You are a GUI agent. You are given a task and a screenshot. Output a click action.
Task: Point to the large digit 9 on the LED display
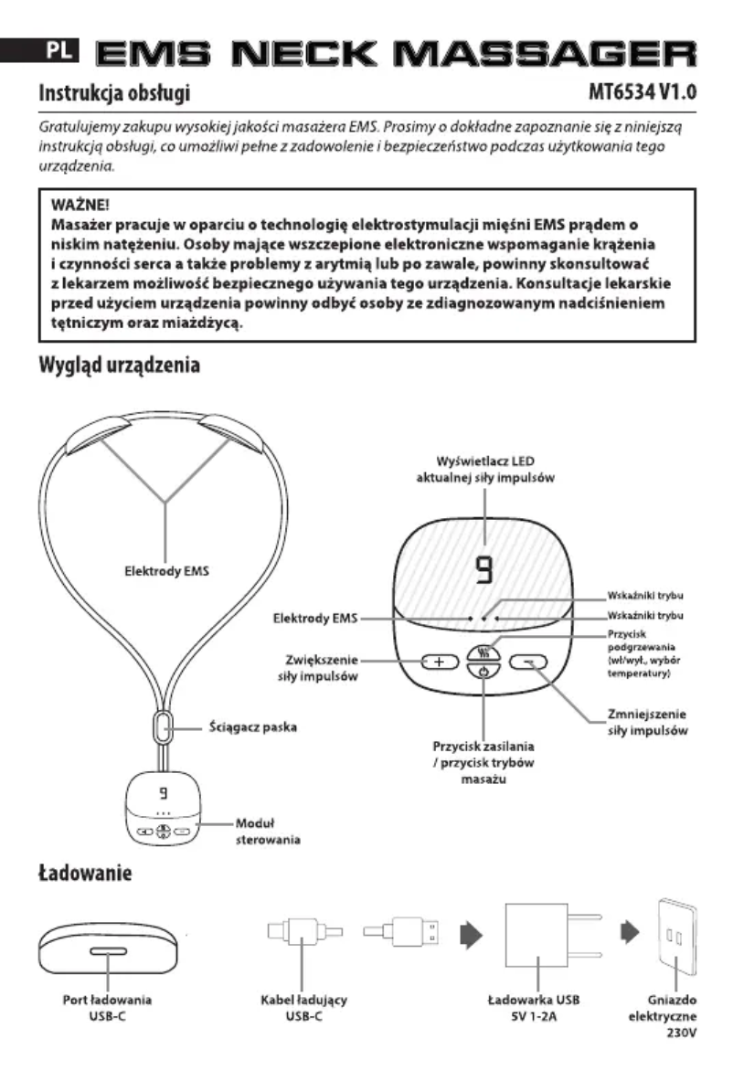click(485, 574)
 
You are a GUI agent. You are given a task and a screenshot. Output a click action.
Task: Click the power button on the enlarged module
click(485, 673)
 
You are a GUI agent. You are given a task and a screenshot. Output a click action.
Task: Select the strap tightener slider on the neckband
click(163, 728)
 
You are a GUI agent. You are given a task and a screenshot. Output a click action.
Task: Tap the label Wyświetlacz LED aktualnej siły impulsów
click(485, 469)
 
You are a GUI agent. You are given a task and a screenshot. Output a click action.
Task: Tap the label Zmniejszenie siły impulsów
click(647, 722)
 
